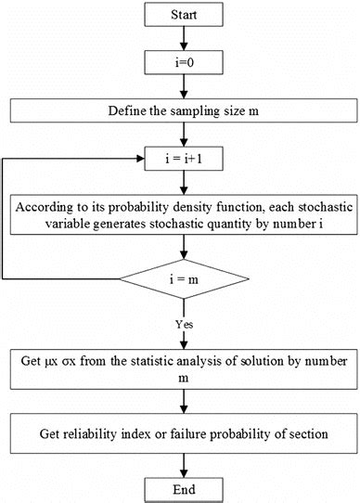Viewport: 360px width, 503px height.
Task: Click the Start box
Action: [x=189, y=17]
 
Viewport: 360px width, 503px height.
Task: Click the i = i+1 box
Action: [x=189, y=158]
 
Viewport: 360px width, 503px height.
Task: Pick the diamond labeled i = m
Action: [x=189, y=278]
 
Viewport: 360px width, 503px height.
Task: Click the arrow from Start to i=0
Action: [x=189, y=39]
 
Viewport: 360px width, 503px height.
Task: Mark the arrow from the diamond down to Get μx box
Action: [x=189, y=327]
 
